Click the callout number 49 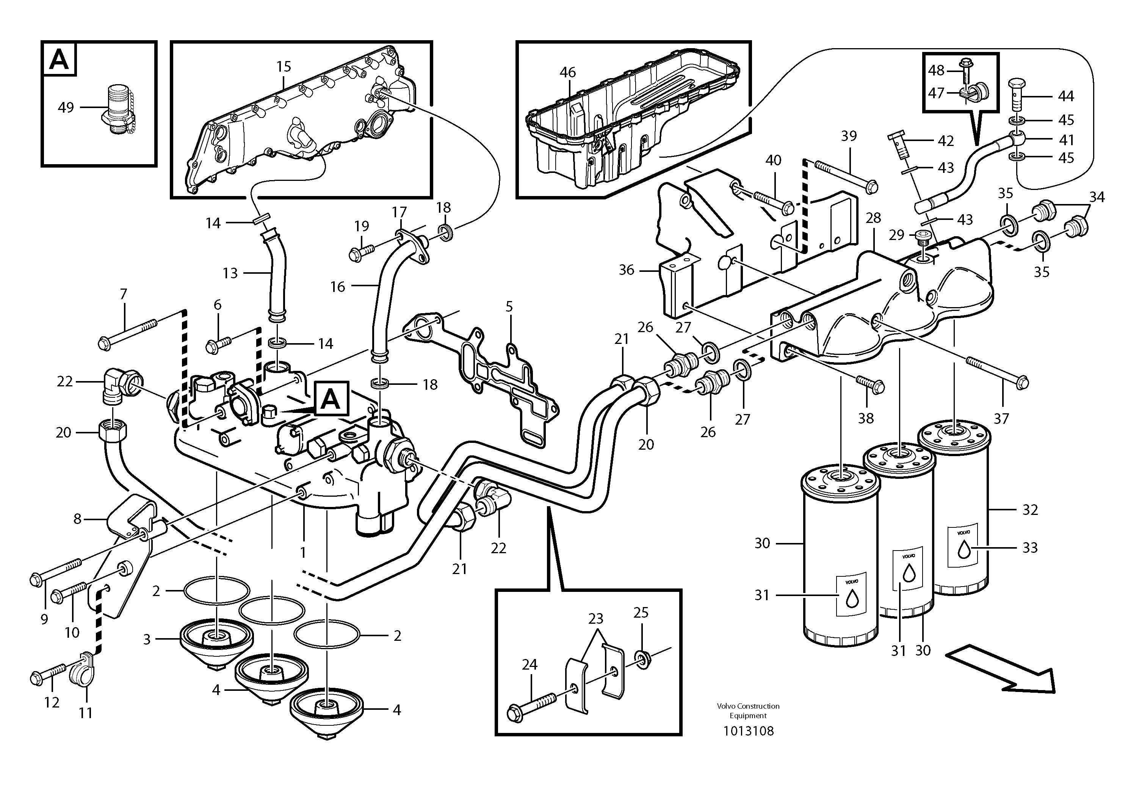[x=66, y=107]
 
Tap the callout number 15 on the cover [x=284, y=66]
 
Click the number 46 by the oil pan [x=567, y=73]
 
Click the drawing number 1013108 [x=748, y=731]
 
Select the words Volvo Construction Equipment [x=748, y=711]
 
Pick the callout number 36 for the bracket [x=627, y=270]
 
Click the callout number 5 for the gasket [x=509, y=307]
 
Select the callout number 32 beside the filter [x=1030, y=510]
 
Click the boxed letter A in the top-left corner [x=60, y=60]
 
